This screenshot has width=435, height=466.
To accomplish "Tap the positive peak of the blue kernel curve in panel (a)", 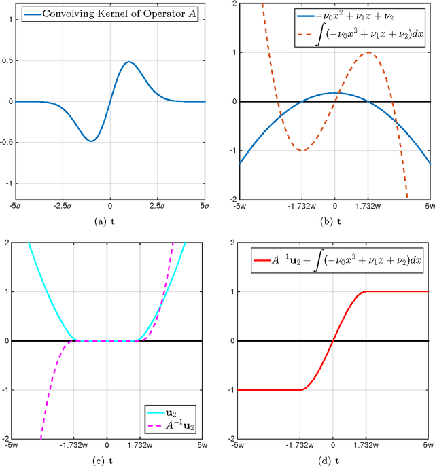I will [129, 62].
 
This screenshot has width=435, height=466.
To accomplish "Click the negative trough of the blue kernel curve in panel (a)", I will [91, 141].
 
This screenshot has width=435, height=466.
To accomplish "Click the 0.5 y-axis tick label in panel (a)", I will [7, 60].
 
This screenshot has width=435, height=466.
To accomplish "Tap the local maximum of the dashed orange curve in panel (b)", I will [367, 52].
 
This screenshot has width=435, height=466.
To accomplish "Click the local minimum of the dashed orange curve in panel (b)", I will [301, 150].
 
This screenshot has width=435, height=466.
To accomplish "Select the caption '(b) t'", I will [334, 221].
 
